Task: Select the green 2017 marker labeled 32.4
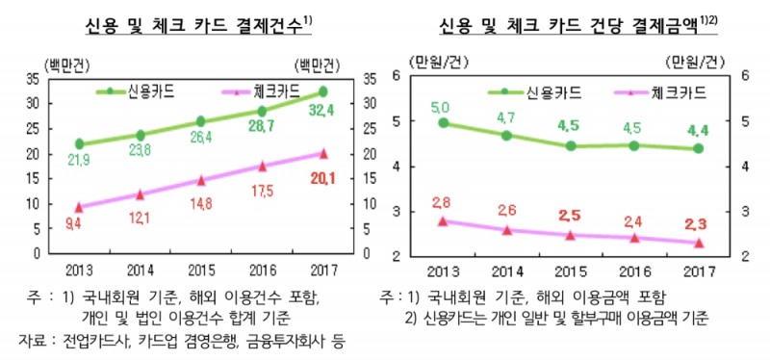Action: [x=322, y=91]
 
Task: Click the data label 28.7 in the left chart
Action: [x=264, y=126]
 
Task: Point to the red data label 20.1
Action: [x=321, y=175]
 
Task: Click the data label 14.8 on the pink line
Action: [x=201, y=203]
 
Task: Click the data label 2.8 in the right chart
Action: [x=442, y=201]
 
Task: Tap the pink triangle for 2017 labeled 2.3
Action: [x=699, y=244]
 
